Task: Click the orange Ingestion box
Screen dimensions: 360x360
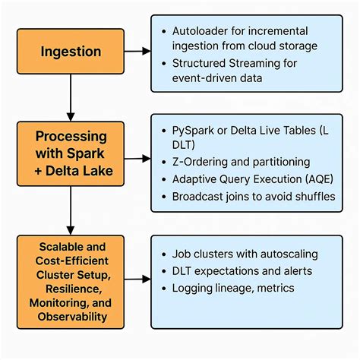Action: pos(71,52)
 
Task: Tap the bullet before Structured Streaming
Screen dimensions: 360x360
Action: pos(166,64)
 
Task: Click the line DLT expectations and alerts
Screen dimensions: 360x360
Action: pos(242,270)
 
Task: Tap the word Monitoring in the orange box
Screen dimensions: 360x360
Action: pos(62,302)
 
